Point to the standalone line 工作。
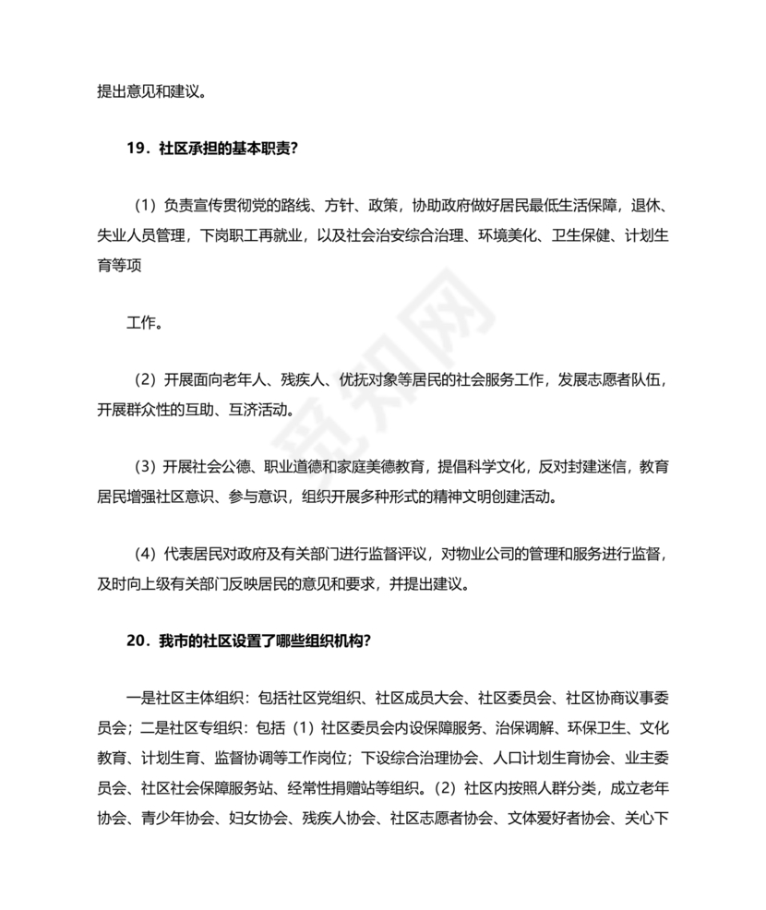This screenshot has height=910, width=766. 145,323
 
